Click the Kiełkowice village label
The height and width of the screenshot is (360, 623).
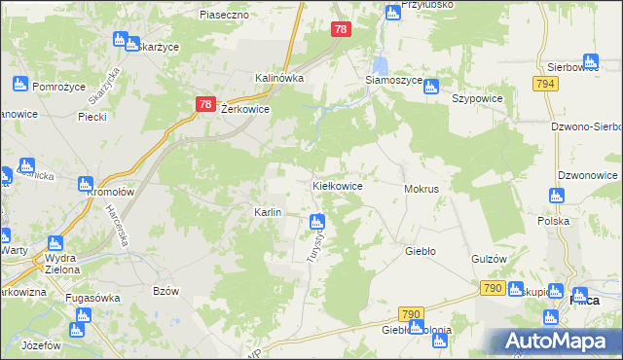pyautogui.click(x=337, y=185)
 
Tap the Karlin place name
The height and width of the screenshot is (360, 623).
pyautogui.click(x=268, y=212)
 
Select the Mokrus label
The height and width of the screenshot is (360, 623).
pyautogui.click(x=421, y=188)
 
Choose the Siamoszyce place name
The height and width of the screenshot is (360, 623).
pyautogui.click(x=393, y=80)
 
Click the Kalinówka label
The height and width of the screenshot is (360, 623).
pyautogui.click(x=279, y=78)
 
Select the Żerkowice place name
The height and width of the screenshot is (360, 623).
pyautogui.click(x=245, y=110)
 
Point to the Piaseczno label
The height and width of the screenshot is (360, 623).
pyautogui.click(x=225, y=15)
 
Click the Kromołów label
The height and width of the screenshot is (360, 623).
pyautogui.click(x=110, y=193)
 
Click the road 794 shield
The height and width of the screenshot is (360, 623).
pyautogui.click(x=545, y=85)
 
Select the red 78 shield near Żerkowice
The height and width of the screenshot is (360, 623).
pyautogui.click(x=204, y=104)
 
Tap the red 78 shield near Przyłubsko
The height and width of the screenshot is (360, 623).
pyautogui.click(x=339, y=30)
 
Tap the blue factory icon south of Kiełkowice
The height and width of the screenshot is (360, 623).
pyautogui.click(x=316, y=221)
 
